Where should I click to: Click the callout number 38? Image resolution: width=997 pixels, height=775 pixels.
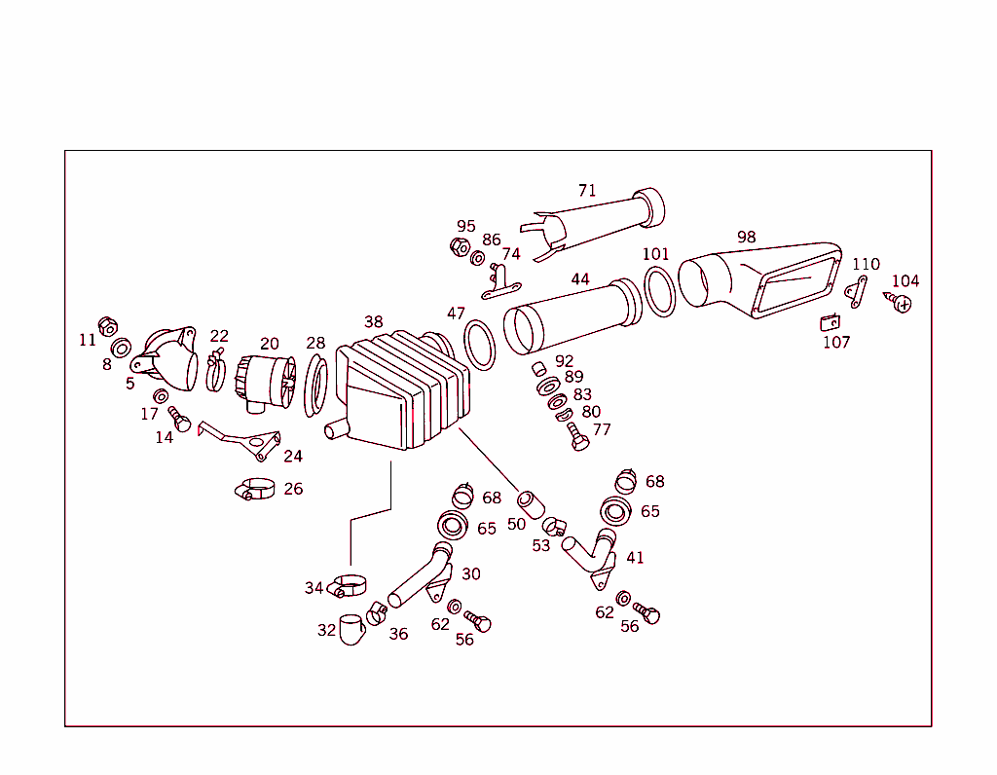374,321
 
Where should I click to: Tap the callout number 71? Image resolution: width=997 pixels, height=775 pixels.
586,191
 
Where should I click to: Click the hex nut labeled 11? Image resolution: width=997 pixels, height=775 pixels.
108,325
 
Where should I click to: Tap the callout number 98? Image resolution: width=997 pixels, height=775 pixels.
746,238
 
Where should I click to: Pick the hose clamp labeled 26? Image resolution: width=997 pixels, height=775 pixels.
256,489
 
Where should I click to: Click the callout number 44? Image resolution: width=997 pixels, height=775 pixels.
580,279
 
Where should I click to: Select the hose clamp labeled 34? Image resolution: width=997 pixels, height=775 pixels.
349,586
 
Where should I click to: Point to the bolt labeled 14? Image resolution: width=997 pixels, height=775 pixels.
180,421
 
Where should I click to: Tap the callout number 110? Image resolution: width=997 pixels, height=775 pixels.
866,264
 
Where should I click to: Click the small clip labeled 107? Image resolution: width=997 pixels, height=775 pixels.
831,321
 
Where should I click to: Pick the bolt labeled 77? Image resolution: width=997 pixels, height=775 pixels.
578,436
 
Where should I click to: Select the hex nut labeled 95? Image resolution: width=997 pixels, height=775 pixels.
461,246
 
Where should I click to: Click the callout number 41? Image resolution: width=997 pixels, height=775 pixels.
635,558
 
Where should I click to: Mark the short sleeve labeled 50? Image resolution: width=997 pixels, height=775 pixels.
531,503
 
